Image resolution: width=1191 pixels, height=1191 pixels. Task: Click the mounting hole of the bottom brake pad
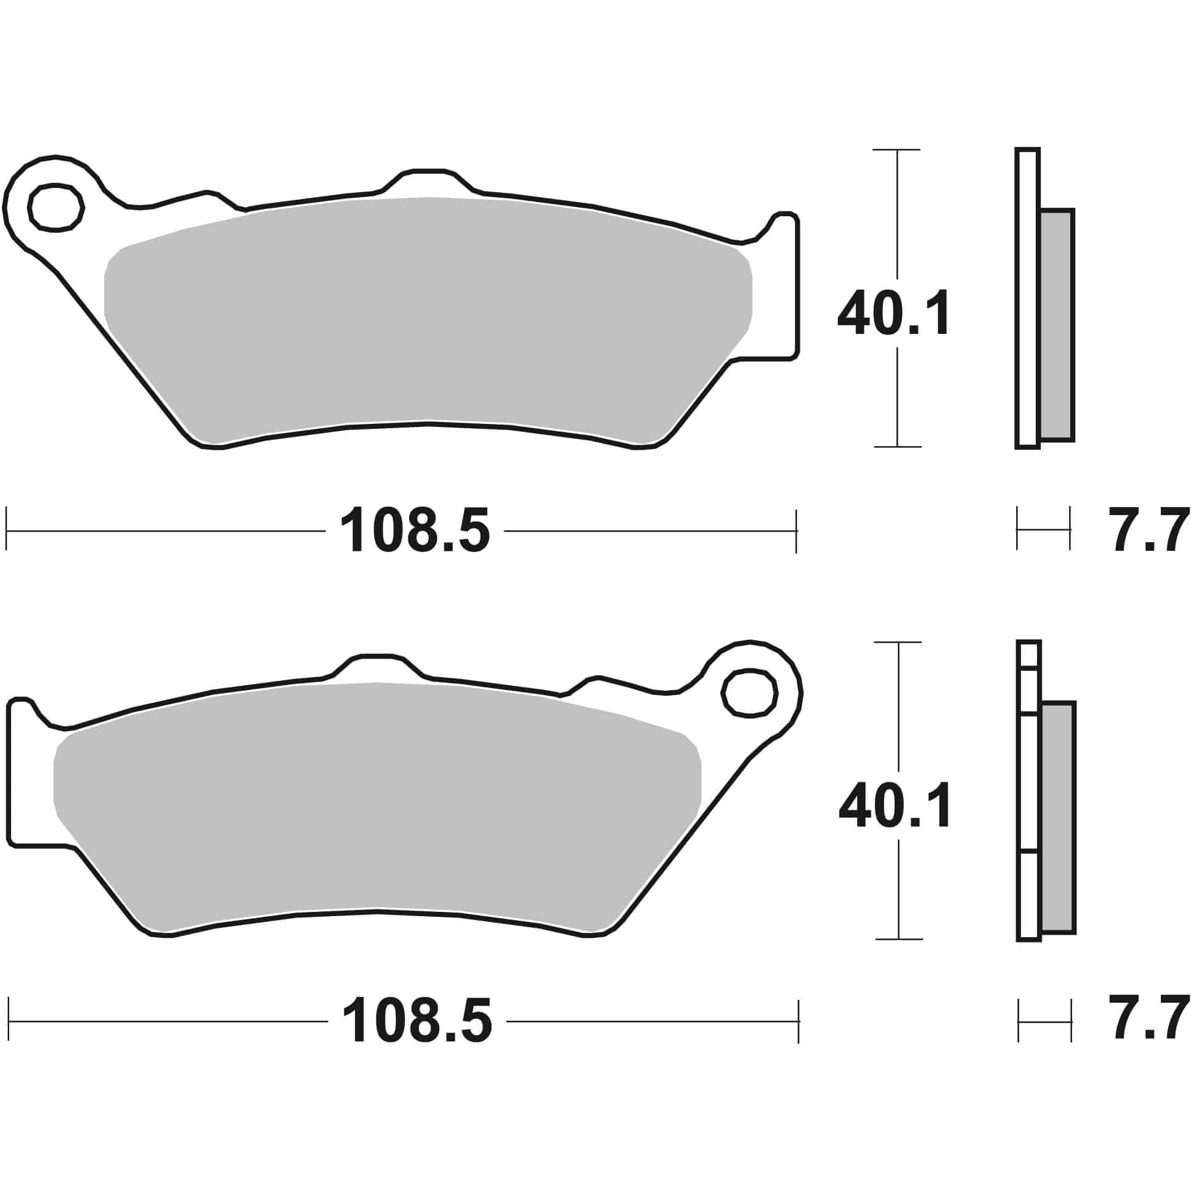tap(749, 694)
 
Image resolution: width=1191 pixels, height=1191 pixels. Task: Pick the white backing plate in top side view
tap(1026, 296)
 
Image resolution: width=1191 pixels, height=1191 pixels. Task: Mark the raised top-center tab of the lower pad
tap(376, 667)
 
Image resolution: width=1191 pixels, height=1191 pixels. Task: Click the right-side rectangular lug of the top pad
tap(781, 290)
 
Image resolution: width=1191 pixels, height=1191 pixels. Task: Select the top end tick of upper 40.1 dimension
tap(897, 150)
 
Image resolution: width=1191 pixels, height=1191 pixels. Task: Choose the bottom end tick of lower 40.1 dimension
tap(899, 956)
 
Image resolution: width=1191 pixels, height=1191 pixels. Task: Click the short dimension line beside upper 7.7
tap(1043, 529)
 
